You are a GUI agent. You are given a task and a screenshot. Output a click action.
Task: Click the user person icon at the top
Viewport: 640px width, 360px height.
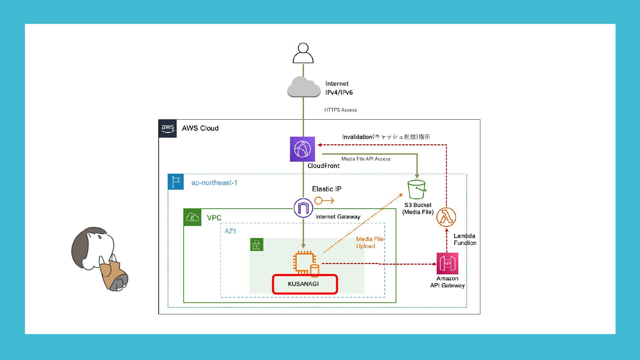coord(303,53)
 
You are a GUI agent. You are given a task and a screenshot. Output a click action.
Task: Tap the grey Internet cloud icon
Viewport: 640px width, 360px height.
coord(304,87)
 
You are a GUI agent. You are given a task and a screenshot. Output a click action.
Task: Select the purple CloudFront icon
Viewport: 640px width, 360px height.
coord(302,149)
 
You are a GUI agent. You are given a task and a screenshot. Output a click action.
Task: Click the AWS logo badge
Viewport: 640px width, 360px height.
coord(168,128)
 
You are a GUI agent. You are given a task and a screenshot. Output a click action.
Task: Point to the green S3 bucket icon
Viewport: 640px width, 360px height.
coord(417,189)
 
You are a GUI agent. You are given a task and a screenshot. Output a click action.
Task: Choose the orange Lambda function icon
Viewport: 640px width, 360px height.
coord(446,217)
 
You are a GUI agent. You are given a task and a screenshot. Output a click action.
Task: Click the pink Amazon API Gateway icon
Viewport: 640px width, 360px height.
coord(447,263)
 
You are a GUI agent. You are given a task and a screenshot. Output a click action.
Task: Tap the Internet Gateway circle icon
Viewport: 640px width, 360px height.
coord(303,208)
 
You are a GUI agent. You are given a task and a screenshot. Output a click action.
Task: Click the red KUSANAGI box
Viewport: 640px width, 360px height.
coord(305,284)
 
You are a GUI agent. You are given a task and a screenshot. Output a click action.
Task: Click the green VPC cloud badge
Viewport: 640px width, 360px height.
coord(192,217)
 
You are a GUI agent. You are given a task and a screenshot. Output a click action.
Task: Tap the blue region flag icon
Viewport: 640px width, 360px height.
coord(176,182)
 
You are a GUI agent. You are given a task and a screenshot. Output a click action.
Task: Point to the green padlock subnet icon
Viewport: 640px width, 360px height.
coord(257,245)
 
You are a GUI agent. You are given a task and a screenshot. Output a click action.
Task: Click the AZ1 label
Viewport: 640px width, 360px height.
coord(230,231)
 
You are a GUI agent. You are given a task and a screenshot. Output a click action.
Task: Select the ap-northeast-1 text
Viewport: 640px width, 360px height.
coord(214,183)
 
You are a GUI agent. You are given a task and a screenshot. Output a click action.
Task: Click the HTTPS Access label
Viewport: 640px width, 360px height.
coord(340,110)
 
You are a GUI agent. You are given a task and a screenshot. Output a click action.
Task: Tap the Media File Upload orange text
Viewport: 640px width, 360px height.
coord(369,243)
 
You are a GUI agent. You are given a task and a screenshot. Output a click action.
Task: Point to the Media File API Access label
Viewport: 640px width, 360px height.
coord(366,159)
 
